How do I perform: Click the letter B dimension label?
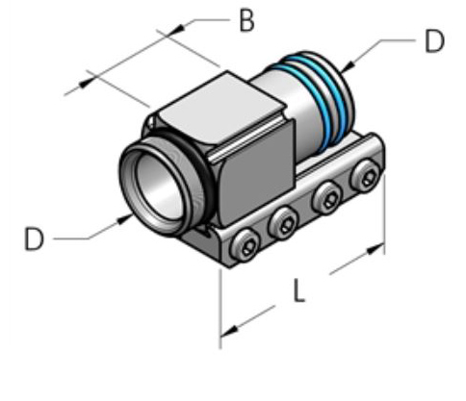246,21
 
